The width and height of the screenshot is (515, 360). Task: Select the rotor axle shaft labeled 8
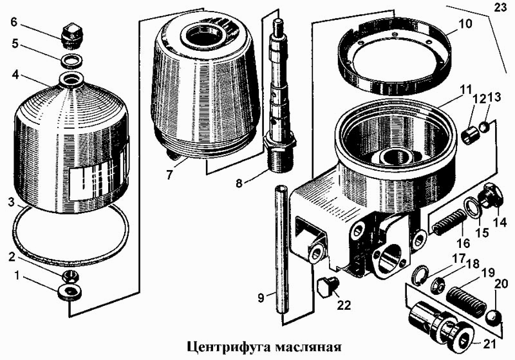click(x=279, y=97)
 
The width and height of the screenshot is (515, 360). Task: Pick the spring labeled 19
click(x=467, y=299)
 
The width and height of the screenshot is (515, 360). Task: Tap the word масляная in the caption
click(x=308, y=347)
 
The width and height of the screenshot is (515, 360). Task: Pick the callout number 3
click(x=11, y=203)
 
